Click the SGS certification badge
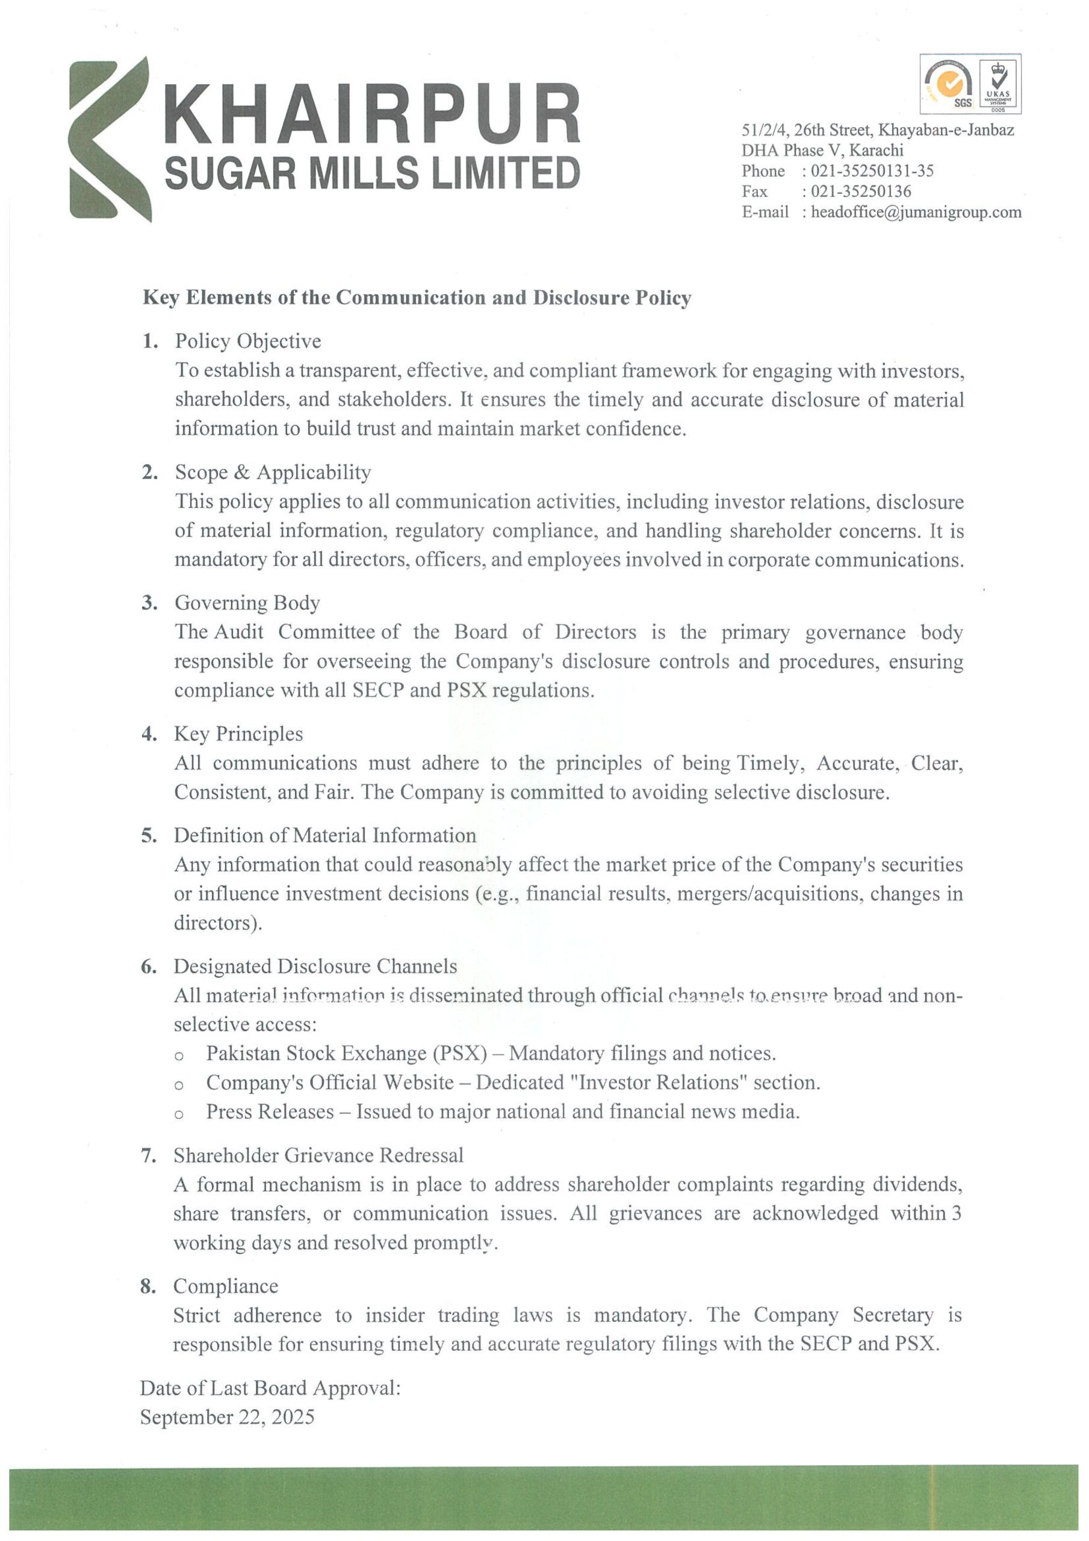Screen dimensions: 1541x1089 point(949,84)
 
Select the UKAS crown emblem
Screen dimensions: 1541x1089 point(1000,69)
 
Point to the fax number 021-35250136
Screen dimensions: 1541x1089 point(861,191)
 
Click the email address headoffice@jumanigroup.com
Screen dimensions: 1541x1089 point(916,212)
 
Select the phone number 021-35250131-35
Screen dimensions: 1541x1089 point(872,170)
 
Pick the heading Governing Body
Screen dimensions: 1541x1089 point(247,603)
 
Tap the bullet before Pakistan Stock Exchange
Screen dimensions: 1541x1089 point(179,1056)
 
